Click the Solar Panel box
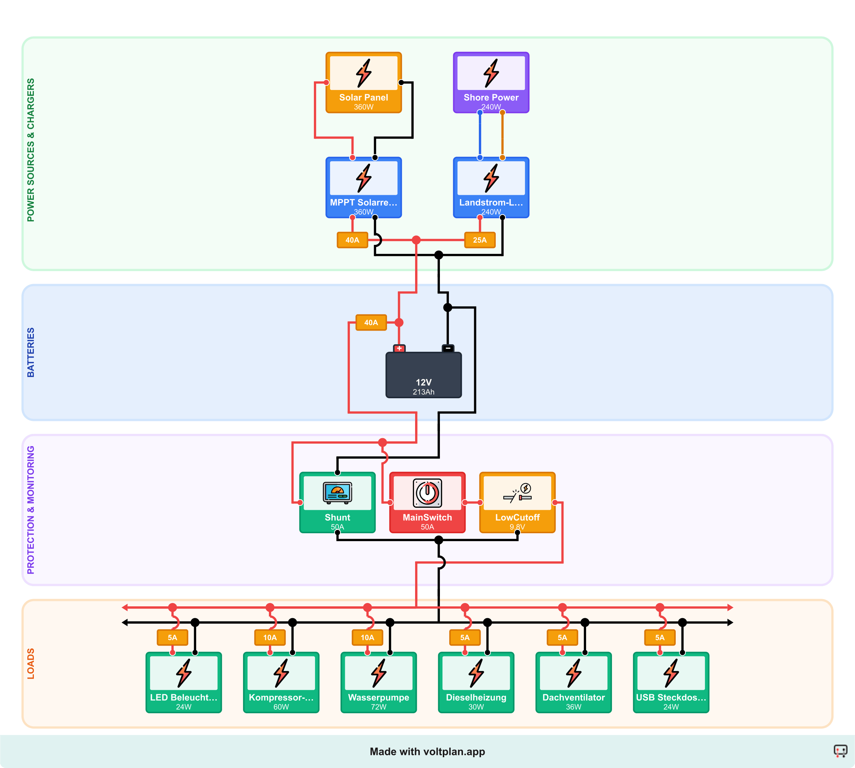363,83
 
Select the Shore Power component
491,83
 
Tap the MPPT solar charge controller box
363,187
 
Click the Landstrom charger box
491,187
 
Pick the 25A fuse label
480,240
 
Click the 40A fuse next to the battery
371,322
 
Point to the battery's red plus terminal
399,349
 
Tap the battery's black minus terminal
448,349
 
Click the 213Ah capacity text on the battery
423,392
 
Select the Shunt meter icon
337,493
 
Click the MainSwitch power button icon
427,493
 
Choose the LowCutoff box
517,503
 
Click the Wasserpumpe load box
378,682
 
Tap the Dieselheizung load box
476,682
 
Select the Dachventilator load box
573,682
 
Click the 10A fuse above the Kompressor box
270,638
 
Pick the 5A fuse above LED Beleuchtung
172,638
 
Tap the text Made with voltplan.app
427,751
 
